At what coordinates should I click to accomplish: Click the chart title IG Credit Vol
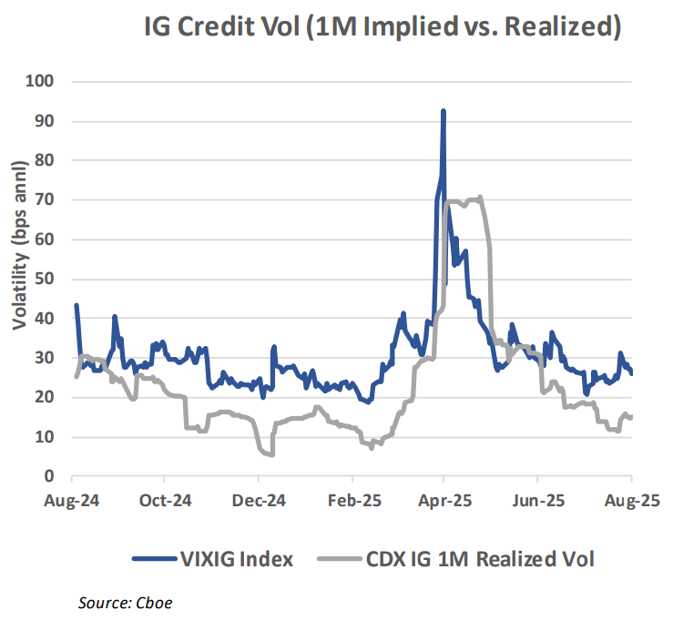tap(382, 27)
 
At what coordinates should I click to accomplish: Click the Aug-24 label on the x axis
tap(72, 501)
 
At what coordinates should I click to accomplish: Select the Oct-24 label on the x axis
tap(165, 501)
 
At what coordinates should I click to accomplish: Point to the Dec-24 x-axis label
tap(259, 501)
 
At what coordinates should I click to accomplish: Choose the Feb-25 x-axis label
tap(353, 501)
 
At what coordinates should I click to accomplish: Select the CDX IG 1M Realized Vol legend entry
tap(454, 559)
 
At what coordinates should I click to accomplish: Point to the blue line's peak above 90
tap(443, 111)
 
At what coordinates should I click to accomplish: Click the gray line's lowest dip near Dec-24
tap(270, 454)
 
